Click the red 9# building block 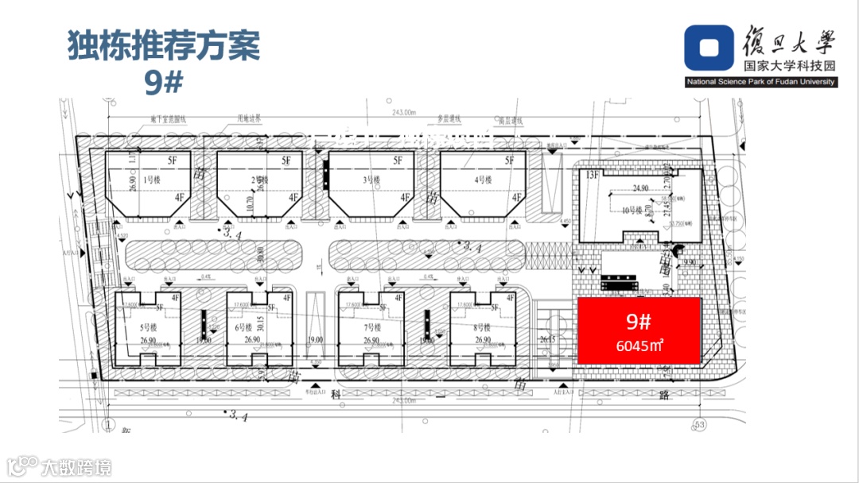tap(639, 330)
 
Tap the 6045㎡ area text tap(639, 346)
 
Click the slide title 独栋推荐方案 tap(164, 46)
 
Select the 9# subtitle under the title tap(164, 83)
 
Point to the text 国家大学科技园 tap(787, 68)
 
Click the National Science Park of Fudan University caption tap(761, 83)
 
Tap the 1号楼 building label tap(152, 180)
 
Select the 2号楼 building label tap(260, 180)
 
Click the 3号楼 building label tap(372, 180)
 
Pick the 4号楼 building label tap(484, 180)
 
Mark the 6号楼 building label tap(243, 327)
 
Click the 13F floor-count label tap(593, 175)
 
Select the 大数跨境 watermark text tap(77, 467)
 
